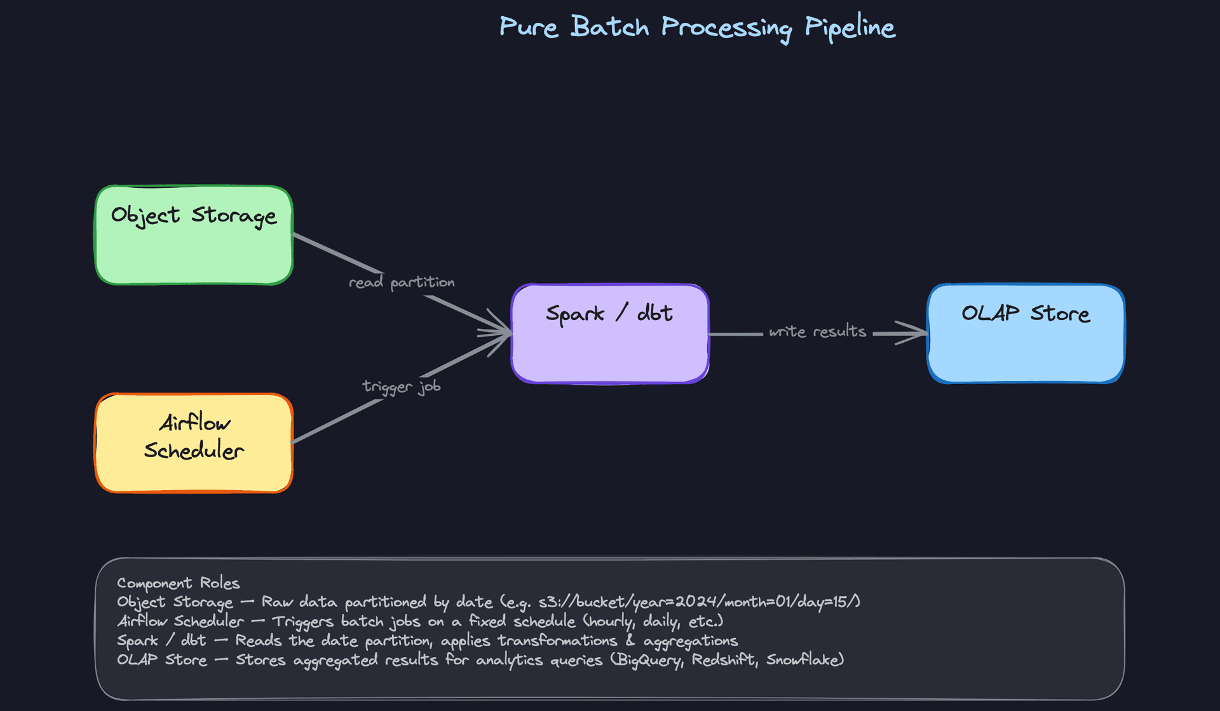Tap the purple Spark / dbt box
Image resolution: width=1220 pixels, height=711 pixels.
click(610, 349)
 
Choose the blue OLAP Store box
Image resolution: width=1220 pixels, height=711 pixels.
click(1026, 349)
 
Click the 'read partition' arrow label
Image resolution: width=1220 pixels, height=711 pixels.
click(402, 282)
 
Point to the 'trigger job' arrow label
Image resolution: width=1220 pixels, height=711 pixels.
click(402, 387)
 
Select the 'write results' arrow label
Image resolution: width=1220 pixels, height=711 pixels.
click(817, 331)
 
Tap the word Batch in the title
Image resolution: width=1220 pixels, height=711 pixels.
click(609, 27)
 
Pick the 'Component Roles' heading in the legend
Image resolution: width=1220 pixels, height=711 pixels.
click(179, 583)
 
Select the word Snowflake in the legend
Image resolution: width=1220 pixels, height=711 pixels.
click(804, 660)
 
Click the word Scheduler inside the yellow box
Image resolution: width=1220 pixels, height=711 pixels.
click(194, 451)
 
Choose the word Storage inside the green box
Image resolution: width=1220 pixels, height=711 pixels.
click(234, 216)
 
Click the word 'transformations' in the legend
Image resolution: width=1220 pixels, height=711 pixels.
click(557, 641)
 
